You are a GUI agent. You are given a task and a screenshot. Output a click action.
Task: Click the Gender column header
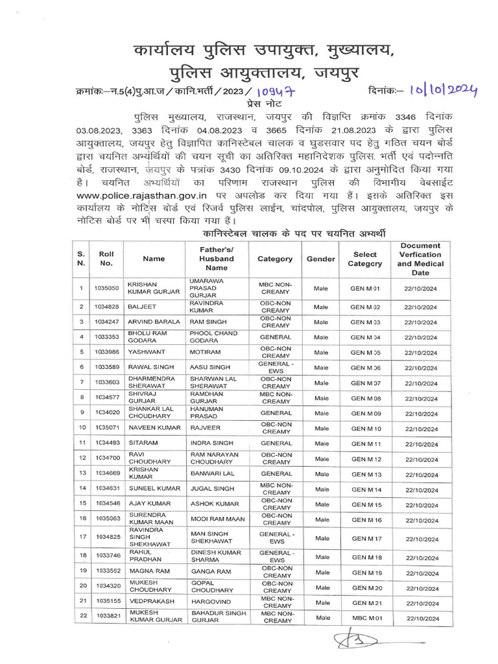click(320, 259)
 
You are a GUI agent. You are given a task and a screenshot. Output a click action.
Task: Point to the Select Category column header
click(365, 259)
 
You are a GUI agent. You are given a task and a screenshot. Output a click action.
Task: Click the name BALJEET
click(143, 307)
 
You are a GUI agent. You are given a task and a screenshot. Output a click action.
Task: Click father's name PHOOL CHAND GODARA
click(210, 337)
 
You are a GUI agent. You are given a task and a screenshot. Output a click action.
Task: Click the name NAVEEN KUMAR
click(153, 429)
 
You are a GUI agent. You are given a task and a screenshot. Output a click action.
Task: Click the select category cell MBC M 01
click(365, 619)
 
